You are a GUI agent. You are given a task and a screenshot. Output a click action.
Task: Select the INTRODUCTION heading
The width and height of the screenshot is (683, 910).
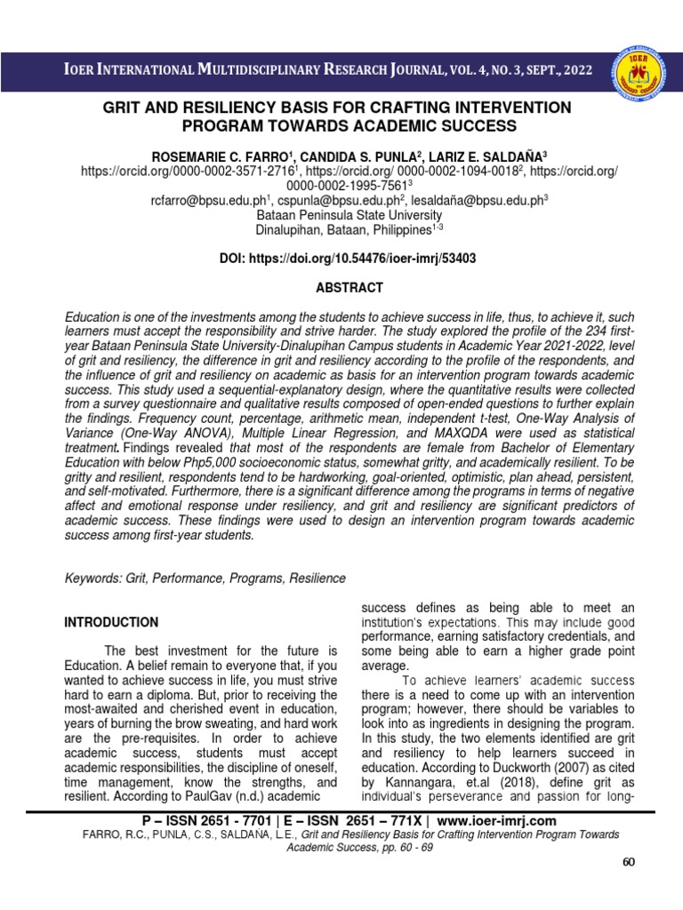coord(111,622)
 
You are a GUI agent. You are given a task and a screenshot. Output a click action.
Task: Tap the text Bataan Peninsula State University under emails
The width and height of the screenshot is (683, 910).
coord(350,215)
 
